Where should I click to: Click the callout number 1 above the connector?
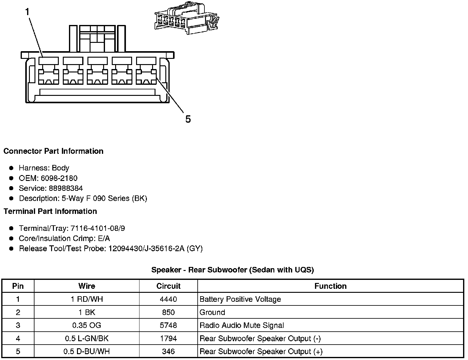point(27,12)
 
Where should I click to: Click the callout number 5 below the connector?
point(188,119)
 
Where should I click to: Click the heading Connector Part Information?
point(53,151)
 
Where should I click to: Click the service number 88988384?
point(66,188)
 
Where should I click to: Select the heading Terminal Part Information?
point(50,211)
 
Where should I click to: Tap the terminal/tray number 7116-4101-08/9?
point(98,228)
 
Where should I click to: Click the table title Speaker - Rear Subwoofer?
point(232,270)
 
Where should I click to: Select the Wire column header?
point(87,286)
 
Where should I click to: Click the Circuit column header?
point(168,286)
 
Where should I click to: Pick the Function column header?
point(330,286)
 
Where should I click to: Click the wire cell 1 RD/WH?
point(87,299)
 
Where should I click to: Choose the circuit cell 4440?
point(168,299)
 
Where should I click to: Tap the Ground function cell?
point(212,312)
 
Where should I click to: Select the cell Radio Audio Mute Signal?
point(242,325)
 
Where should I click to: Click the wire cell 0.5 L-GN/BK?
point(87,338)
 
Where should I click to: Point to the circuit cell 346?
point(168,351)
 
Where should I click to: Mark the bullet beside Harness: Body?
point(11,168)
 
